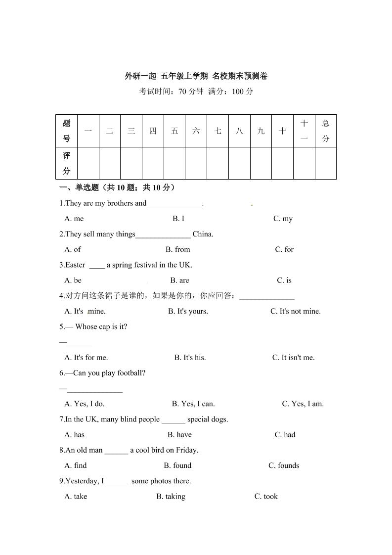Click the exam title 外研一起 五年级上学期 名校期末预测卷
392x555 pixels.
click(196, 76)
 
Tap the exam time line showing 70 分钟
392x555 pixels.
click(196, 92)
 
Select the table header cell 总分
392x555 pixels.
click(325, 131)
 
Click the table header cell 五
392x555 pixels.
click(174, 131)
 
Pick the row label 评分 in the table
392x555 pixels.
click(67, 163)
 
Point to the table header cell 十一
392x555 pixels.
click(304, 131)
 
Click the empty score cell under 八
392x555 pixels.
click(239, 163)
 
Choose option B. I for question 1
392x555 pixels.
click(178, 219)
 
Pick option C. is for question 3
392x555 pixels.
click(284, 280)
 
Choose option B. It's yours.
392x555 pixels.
click(188, 311)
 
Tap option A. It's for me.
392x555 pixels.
click(86, 358)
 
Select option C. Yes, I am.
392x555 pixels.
click(303, 404)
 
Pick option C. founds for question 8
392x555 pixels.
click(284, 465)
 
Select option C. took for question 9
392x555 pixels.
click(266, 497)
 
